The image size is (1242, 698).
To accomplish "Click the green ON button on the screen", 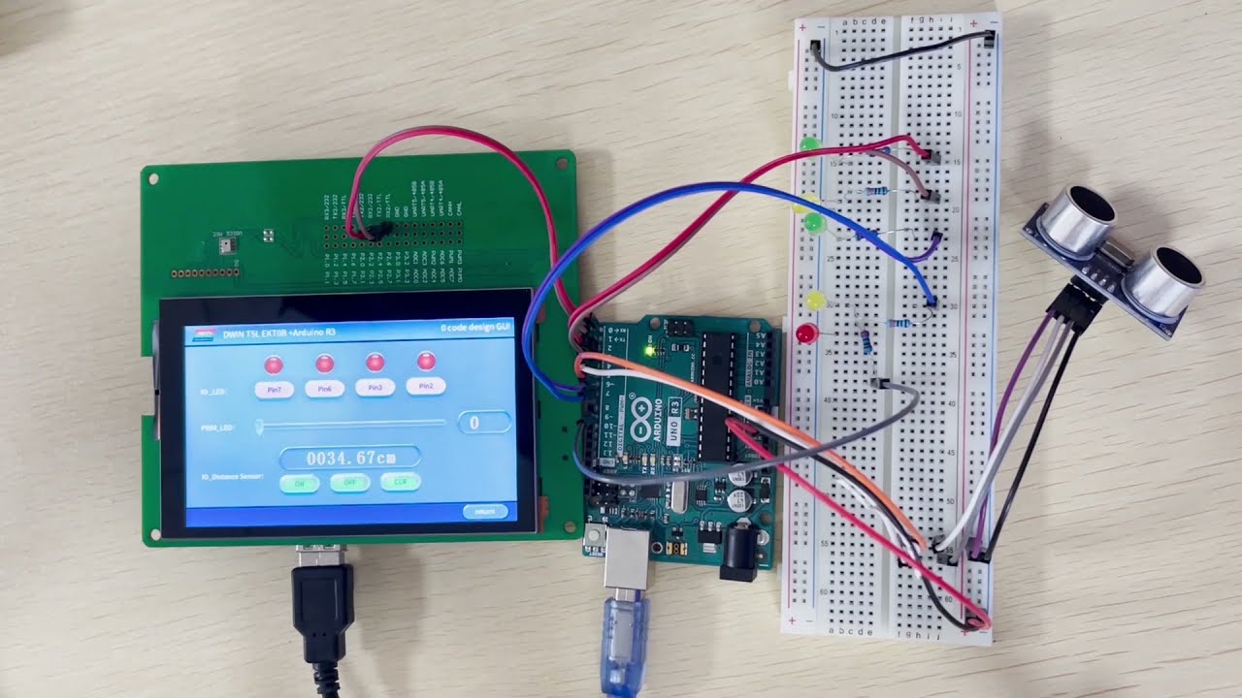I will point(300,483).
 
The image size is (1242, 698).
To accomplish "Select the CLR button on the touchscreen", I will point(400,482).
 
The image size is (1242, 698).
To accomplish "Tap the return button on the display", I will point(485,511).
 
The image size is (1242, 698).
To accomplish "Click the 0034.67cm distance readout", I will point(350,457).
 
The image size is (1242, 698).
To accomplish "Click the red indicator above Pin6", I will point(325,364).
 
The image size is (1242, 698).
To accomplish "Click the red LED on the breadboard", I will point(805,334).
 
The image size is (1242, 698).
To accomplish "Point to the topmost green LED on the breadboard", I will point(808,145).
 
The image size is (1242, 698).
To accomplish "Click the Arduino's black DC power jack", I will point(739,556).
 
